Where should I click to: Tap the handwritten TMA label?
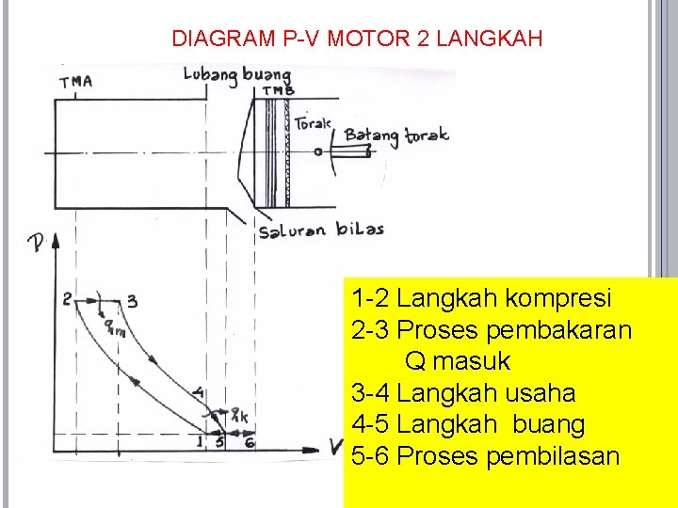click(76, 82)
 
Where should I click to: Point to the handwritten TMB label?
click(278, 91)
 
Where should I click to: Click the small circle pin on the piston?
click(319, 151)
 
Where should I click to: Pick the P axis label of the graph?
click(37, 245)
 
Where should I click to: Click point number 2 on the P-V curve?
click(68, 300)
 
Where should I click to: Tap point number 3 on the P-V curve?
click(133, 301)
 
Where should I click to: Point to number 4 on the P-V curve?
click(197, 392)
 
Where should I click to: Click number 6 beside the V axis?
click(250, 442)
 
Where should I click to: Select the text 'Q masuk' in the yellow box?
click(458, 360)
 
